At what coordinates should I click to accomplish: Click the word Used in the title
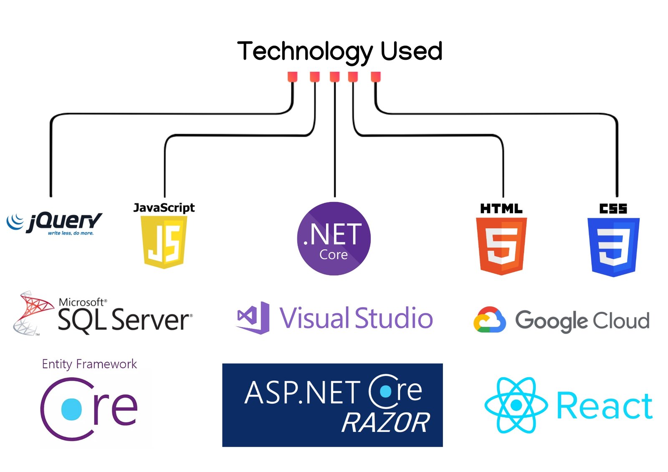(411, 51)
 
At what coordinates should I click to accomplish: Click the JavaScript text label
(164, 207)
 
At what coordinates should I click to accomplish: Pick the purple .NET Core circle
(334, 238)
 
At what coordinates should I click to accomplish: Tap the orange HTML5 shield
(501, 246)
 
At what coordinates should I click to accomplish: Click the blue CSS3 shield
(613, 247)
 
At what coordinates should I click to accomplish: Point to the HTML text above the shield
(501, 209)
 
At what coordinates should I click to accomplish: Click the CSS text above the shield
(613, 209)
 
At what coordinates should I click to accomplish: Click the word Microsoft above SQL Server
(82, 302)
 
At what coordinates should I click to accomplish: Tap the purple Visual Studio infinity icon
(253, 318)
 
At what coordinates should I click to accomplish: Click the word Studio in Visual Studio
(394, 318)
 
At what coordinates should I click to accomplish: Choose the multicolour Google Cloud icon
(489, 320)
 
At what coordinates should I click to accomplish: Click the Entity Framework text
(89, 364)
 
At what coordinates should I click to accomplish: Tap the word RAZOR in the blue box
(385, 422)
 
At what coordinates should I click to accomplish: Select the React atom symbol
(516, 405)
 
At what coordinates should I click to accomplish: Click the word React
(604, 406)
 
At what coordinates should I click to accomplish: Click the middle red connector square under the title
(334, 77)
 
